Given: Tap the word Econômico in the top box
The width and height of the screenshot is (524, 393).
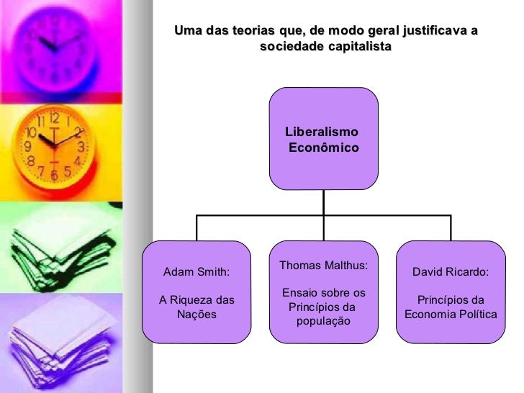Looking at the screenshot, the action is pos(323,148).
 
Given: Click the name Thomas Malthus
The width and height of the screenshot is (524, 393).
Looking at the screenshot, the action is pos(322,266).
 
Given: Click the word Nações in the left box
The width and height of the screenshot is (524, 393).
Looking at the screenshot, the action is pos(196,315).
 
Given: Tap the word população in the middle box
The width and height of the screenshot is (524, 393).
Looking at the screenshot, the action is pos(322,320).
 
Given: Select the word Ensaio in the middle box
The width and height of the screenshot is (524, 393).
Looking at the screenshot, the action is pos(299,293).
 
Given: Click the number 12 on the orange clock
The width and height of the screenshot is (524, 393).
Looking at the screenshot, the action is pos(54,117).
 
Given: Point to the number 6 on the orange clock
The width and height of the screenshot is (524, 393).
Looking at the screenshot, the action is pos(54,174).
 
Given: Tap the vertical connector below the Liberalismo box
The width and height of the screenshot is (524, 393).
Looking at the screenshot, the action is pos(323,202).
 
